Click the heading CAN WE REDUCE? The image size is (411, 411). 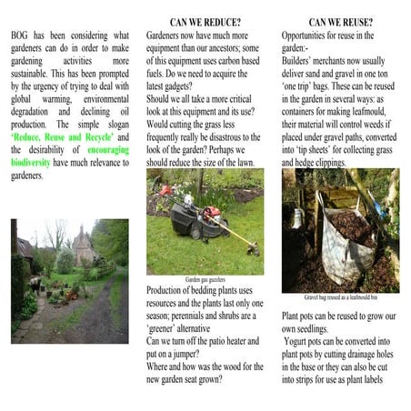pos(205,21)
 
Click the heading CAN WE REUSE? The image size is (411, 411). pos(343,21)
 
